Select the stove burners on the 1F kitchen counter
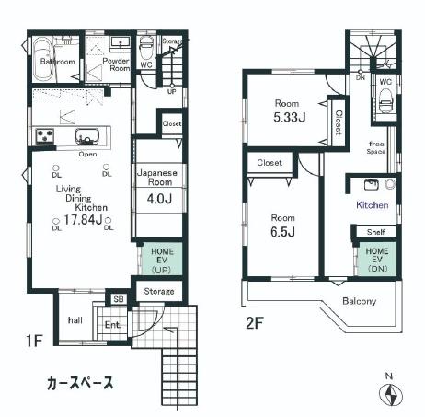tap(45, 136)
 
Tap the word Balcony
tap(360, 300)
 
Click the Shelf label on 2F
tap(376, 232)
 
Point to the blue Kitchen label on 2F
tap(372, 205)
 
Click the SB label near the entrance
tap(118, 300)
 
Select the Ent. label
tap(113, 324)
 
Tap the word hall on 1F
tap(76, 320)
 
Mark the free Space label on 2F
tap(377, 147)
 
